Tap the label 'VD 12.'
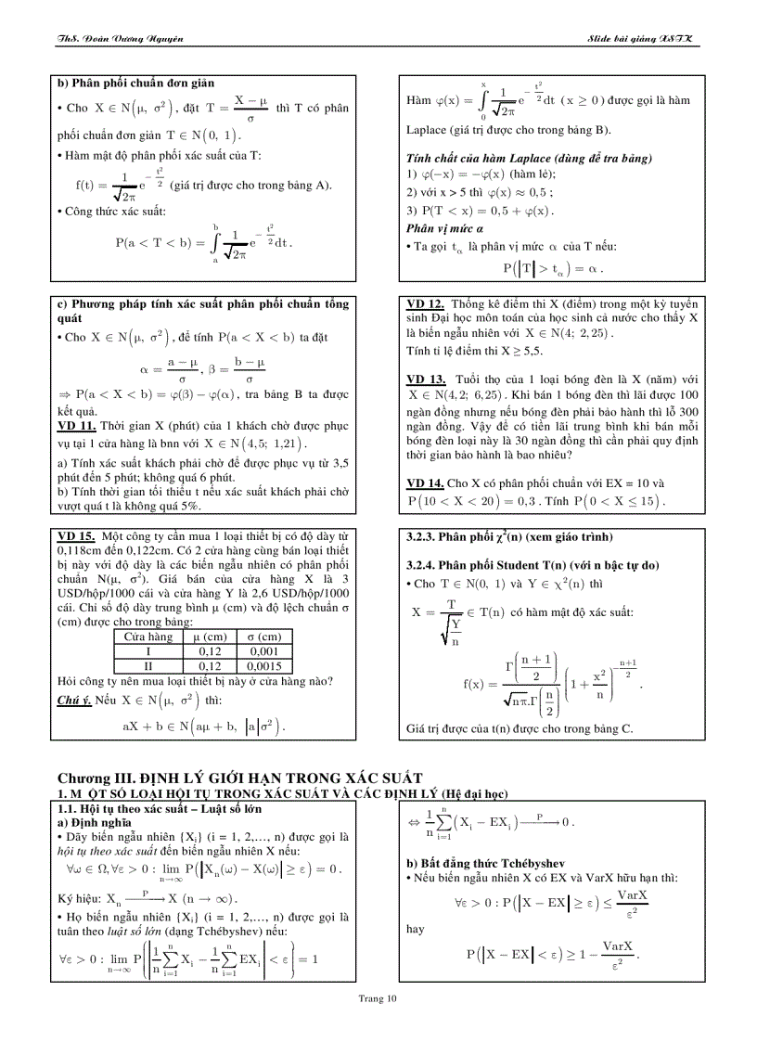tap(426, 303)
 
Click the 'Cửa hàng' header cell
tap(149, 637)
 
